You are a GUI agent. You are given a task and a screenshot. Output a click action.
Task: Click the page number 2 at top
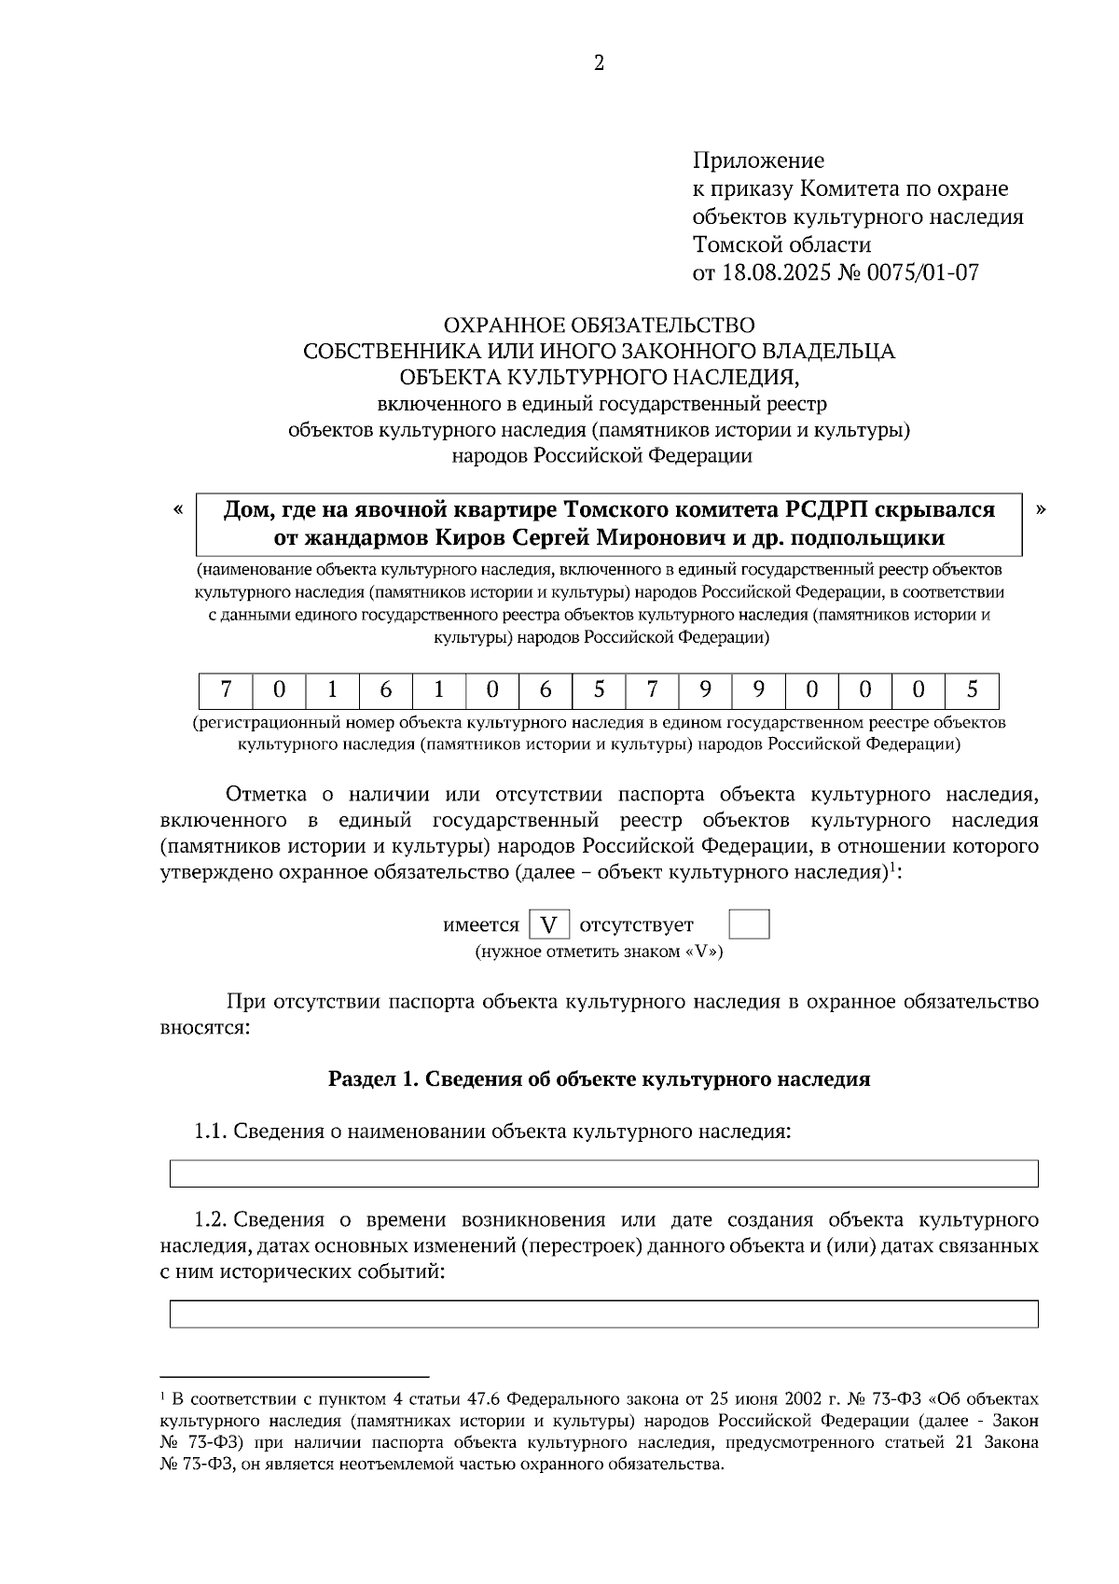point(599,63)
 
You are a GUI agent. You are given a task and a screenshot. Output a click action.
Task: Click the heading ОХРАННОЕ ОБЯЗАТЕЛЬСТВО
point(599,325)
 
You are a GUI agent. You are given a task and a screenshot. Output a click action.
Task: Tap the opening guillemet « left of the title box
point(177,509)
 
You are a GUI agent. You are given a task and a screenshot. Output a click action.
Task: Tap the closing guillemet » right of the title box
point(1041,509)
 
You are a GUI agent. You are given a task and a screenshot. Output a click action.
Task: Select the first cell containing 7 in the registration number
point(226,690)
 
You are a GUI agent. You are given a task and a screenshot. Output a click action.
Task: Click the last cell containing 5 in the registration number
point(972,690)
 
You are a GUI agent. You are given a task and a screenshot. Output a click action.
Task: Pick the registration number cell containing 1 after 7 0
point(332,690)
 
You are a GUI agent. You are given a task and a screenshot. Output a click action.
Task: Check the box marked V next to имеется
point(548,925)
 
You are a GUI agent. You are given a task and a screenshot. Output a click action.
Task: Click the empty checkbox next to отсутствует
point(748,924)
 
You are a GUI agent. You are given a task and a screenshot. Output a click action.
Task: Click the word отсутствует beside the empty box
point(636,925)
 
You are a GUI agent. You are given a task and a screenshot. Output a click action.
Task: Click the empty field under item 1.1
point(603,1174)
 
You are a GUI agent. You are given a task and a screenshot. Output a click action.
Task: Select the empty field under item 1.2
point(603,1313)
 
